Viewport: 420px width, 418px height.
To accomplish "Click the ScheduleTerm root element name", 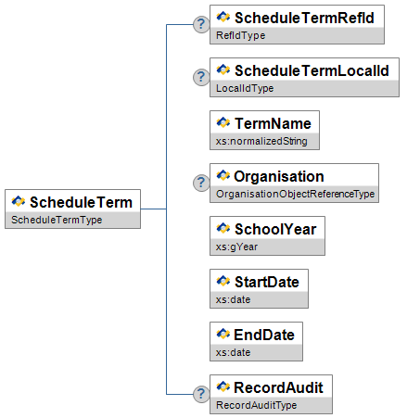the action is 81,202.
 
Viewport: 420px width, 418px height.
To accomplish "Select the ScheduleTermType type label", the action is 57,220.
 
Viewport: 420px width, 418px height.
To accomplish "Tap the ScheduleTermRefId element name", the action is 304,18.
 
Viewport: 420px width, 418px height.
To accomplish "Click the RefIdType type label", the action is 241,35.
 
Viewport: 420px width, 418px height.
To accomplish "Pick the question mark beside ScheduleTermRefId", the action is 201,24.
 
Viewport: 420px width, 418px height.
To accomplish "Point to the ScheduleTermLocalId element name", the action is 312,70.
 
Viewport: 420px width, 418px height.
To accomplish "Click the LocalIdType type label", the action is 245,88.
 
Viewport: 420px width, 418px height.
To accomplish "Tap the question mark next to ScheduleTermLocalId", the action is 201,77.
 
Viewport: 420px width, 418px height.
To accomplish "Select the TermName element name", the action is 273,123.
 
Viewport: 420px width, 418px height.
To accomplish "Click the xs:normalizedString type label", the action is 261,141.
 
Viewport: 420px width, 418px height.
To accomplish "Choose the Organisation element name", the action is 279,176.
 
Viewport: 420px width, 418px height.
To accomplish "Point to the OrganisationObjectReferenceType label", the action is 296,194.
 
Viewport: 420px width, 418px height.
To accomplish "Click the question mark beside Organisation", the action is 201,183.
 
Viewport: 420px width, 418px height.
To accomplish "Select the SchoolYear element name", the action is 275,229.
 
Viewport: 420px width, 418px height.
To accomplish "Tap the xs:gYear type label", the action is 236,247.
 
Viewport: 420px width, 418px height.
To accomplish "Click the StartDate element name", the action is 267,282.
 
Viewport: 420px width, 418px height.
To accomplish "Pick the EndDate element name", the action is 264,335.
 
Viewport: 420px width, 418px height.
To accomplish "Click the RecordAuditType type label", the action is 257,405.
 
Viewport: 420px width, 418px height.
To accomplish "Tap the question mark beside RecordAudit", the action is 201,394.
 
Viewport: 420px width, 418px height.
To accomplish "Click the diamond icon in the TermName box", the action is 223,122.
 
